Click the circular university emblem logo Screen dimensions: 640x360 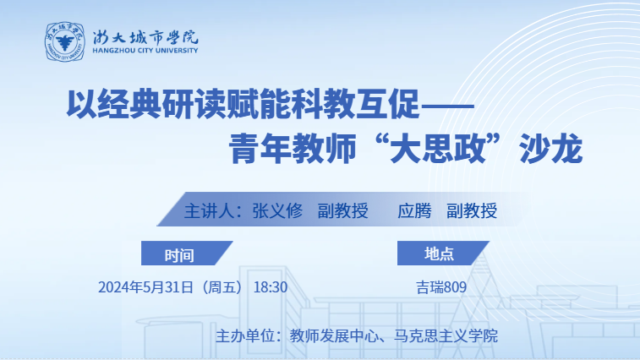coord(64,41)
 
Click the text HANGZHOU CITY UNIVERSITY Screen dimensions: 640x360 coord(145,51)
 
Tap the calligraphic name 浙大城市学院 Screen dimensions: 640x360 coord(145,37)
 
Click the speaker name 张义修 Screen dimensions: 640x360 coord(277,211)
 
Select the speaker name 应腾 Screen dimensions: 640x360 coord(414,211)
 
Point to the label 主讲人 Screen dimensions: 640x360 coord(210,211)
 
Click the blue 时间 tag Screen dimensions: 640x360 coord(187,253)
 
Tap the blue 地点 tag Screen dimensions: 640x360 coord(443,253)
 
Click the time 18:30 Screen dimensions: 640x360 coord(271,287)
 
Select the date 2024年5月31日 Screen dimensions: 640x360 coord(145,287)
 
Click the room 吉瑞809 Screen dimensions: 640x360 coord(441,287)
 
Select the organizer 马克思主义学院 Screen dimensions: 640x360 coord(446,336)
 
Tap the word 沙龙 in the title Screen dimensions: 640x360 coord(550,148)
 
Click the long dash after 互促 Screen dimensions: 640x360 coord(447,106)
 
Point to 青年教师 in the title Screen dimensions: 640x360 coord(293,148)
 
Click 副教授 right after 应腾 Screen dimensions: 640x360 coord(472,211)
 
